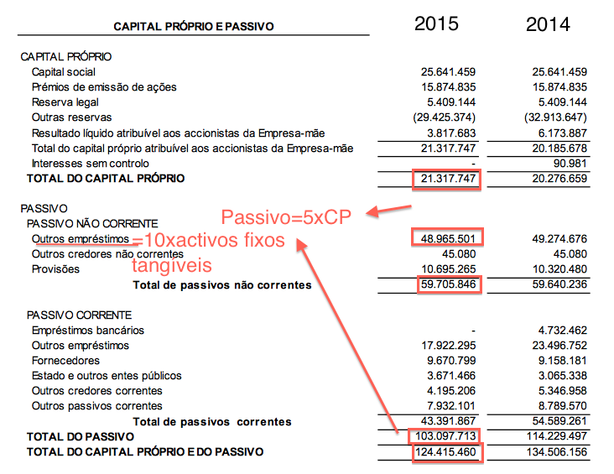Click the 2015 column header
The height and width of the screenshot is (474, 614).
(x=436, y=23)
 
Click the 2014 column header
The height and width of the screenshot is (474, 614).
(x=548, y=24)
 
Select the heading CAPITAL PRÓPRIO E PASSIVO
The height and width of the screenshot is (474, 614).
(x=194, y=27)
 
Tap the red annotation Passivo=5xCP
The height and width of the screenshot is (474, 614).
(x=284, y=218)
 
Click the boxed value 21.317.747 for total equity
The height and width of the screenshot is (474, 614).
(x=447, y=179)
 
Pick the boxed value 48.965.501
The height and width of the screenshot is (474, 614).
(x=447, y=239)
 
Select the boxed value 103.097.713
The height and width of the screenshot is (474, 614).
(x=442, y=437)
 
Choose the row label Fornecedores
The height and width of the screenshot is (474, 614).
(x=64, y=361)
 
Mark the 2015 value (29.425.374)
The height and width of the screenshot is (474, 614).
(x=445, y=117)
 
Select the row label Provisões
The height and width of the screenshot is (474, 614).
(x=55, y=269)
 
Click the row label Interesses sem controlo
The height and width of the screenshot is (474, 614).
(x=90, y=163)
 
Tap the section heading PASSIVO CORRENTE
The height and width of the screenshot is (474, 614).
(x=79, y=315)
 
